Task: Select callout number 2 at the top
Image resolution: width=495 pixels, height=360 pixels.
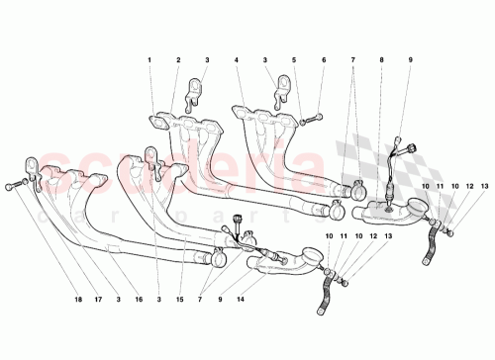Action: (178, 61)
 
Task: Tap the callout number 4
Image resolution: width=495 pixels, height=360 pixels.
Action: (238, 61)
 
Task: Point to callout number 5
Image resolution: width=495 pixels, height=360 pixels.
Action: (294, 61)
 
